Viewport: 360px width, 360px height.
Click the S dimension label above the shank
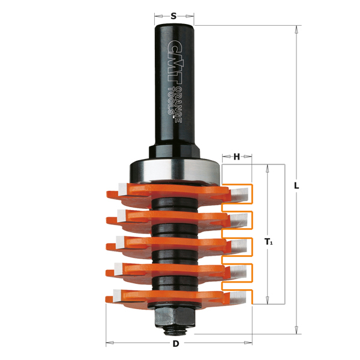(174, 16)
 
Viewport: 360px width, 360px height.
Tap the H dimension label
(237, 157)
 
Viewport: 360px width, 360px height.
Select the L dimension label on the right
(296, 185)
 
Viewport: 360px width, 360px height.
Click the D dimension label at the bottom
(176, 344)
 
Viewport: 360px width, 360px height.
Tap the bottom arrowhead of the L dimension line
(296, 330)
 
